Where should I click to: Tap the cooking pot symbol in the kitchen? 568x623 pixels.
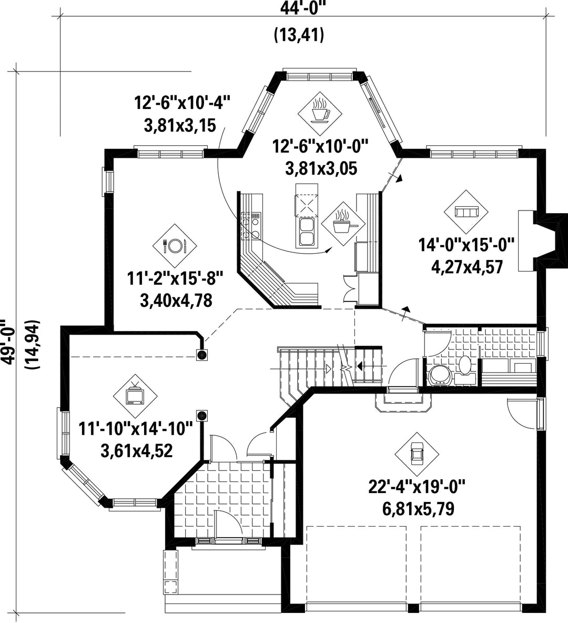343,223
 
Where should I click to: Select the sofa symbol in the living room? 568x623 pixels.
465,212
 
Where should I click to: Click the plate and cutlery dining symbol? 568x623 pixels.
175,246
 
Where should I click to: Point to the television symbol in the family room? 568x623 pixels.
135,396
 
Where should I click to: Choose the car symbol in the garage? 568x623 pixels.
417,454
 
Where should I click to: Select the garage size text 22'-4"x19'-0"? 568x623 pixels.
417,487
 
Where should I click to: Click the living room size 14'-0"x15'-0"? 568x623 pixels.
466,245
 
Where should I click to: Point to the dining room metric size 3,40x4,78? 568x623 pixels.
176,300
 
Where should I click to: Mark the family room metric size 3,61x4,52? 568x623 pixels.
137,450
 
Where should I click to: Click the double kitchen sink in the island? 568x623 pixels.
306,232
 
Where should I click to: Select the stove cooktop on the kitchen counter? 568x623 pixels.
251,226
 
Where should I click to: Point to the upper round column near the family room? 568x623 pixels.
202,355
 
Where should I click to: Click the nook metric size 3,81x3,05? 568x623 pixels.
321,168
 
